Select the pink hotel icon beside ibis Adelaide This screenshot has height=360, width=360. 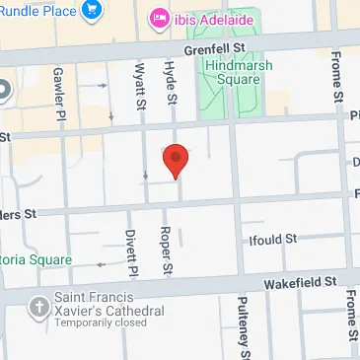point(158,18)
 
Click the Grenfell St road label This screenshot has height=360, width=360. point(213,46)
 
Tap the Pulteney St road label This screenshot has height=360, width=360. point(243,327)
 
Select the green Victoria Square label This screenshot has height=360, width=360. point(36,259)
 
